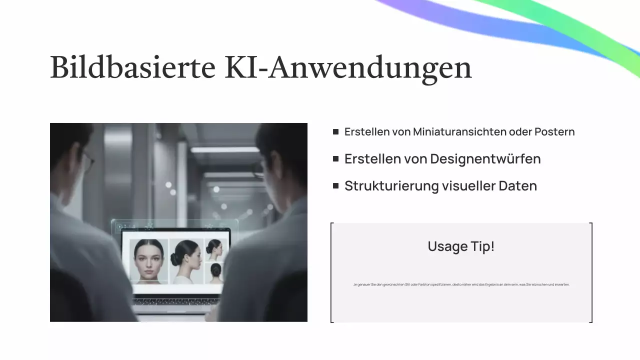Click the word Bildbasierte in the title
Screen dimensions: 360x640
click(x=132, y=67)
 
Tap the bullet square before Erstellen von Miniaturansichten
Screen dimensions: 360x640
click(x=335, y=132)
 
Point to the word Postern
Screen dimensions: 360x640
click(x=554, y=132)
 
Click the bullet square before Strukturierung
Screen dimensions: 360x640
click(x=335, y=186)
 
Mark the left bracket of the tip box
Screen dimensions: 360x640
click(x=332, y=272)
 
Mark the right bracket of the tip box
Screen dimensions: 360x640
click(x=591, y=272)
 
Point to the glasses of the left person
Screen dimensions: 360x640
click(x=88, y=161)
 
